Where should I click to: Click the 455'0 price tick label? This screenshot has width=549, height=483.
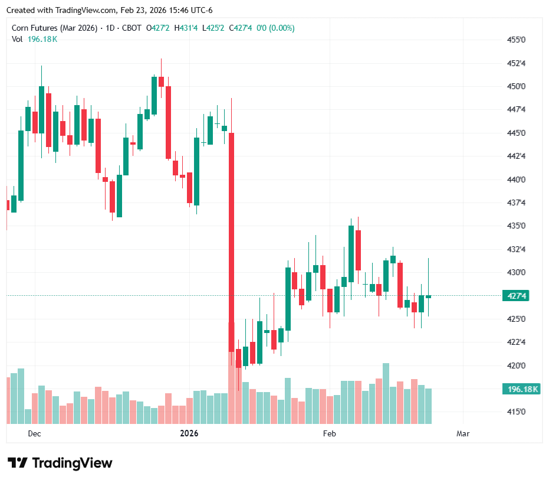(x=516, y=40)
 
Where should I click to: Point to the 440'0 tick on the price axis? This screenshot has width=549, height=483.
(x=516, y=180)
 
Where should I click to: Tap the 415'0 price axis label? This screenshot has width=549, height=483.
(x=516, y=412)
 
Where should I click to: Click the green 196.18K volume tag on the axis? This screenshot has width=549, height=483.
(x=520, y=389)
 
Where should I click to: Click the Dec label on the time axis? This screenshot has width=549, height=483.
(x=34, y=434)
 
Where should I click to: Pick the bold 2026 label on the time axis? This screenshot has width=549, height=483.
(x=189, y=434)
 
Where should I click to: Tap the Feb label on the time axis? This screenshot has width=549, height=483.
(x=329, y=434)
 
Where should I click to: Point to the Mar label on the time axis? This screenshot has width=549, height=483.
(x=463, y=434)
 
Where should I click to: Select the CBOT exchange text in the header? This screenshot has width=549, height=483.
(x=131, y=28)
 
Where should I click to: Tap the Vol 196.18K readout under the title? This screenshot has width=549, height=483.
(x=35, y=39)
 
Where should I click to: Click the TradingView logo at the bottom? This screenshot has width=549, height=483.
(x=60, y=463)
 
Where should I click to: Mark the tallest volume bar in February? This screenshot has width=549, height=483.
(x=386, y=393)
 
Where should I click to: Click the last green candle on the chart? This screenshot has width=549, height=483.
(x=429, y=296)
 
